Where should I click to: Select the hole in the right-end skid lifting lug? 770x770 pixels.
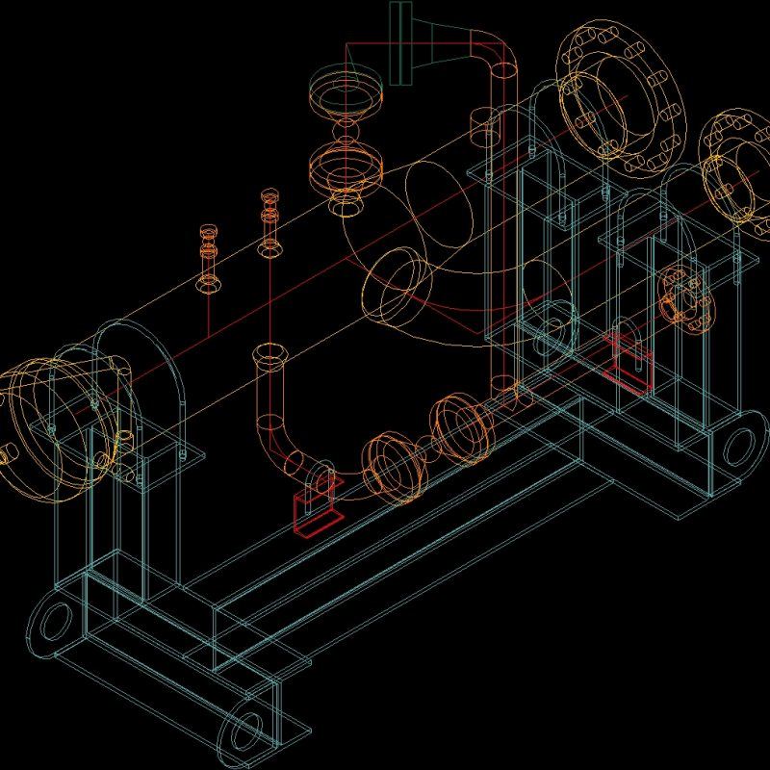point(739,446)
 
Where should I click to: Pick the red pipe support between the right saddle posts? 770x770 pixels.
point(630,361)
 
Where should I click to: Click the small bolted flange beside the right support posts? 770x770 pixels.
point(686,299)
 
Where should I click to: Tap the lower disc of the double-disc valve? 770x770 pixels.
point(346,166)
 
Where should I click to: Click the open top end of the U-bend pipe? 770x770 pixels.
point(269,355)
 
